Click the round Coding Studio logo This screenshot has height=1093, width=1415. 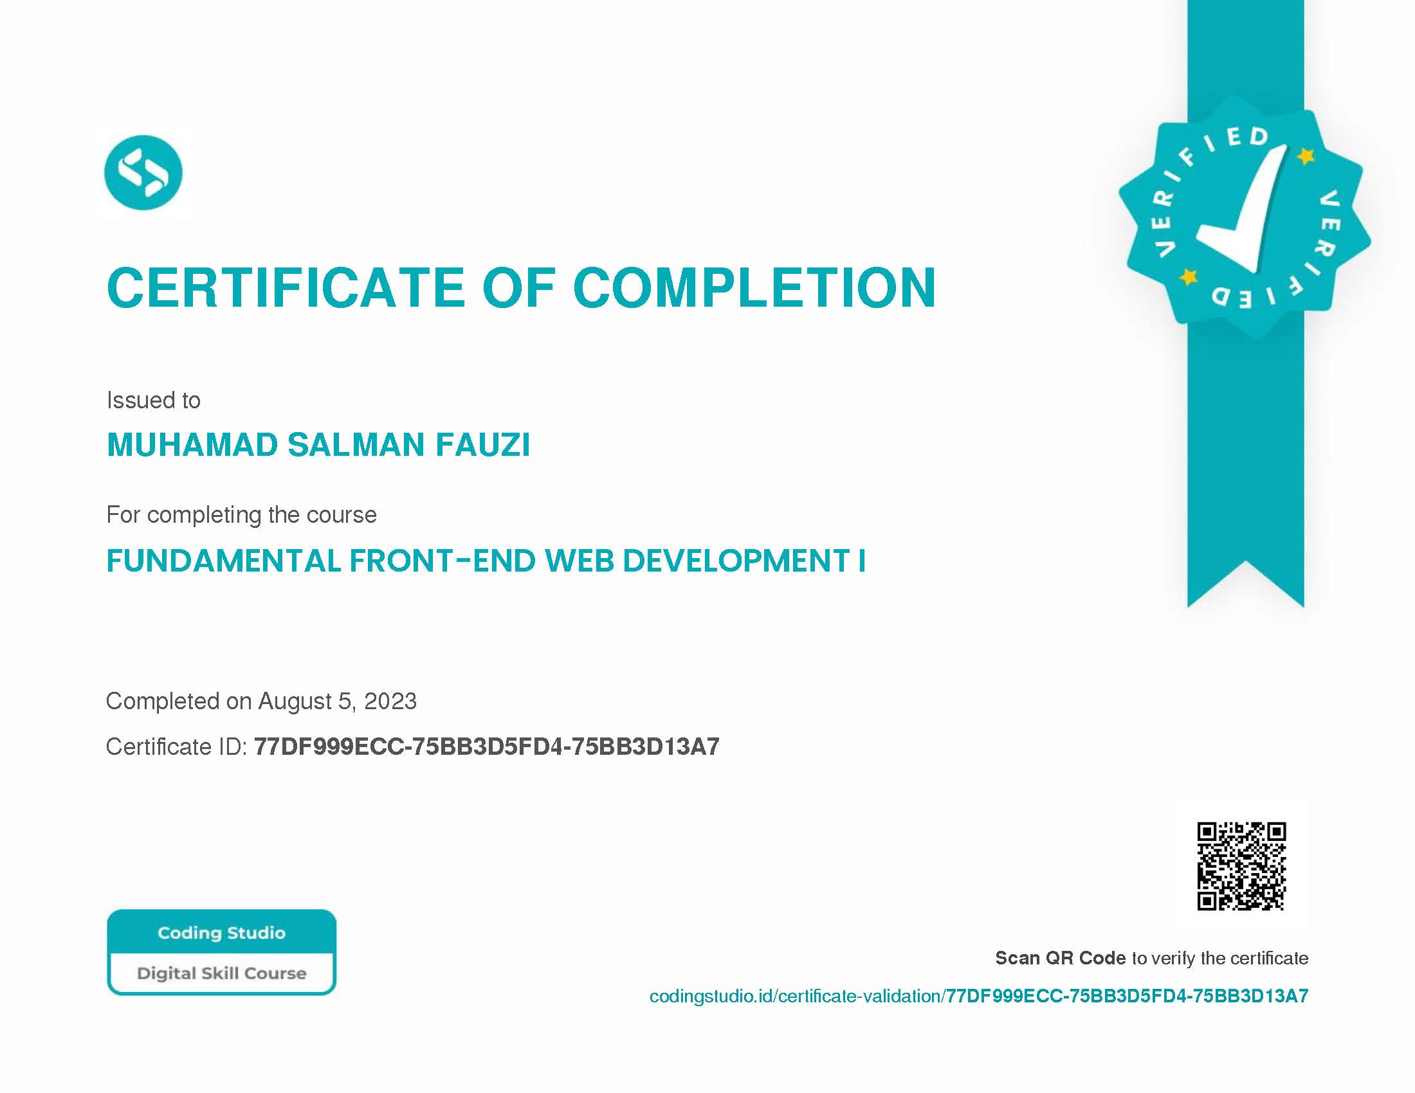(143, 172)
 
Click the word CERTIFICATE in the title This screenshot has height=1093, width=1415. (286, 287)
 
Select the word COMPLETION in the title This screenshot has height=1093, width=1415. (755, 287)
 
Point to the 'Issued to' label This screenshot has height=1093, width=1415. (154, 400)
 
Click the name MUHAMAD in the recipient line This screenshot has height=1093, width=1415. (192, 445)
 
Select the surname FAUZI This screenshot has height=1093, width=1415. (482, 445)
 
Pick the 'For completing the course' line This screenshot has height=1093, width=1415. (242, 515)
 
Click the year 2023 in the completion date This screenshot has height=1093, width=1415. (390, 701)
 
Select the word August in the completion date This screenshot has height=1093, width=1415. (295, 702)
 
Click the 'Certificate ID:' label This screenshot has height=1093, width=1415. (176, 747)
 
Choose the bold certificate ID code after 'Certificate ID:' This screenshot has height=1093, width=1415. (487, 747)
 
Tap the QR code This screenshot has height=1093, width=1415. (1241, 867)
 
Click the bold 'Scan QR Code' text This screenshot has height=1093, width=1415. (1061, 959)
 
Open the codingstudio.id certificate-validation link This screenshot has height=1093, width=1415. (979, 996)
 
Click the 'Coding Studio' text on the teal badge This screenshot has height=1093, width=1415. (222, 933)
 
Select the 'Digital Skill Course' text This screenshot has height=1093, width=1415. (222, 973)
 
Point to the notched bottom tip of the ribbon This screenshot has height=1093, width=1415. (1245, 562)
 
